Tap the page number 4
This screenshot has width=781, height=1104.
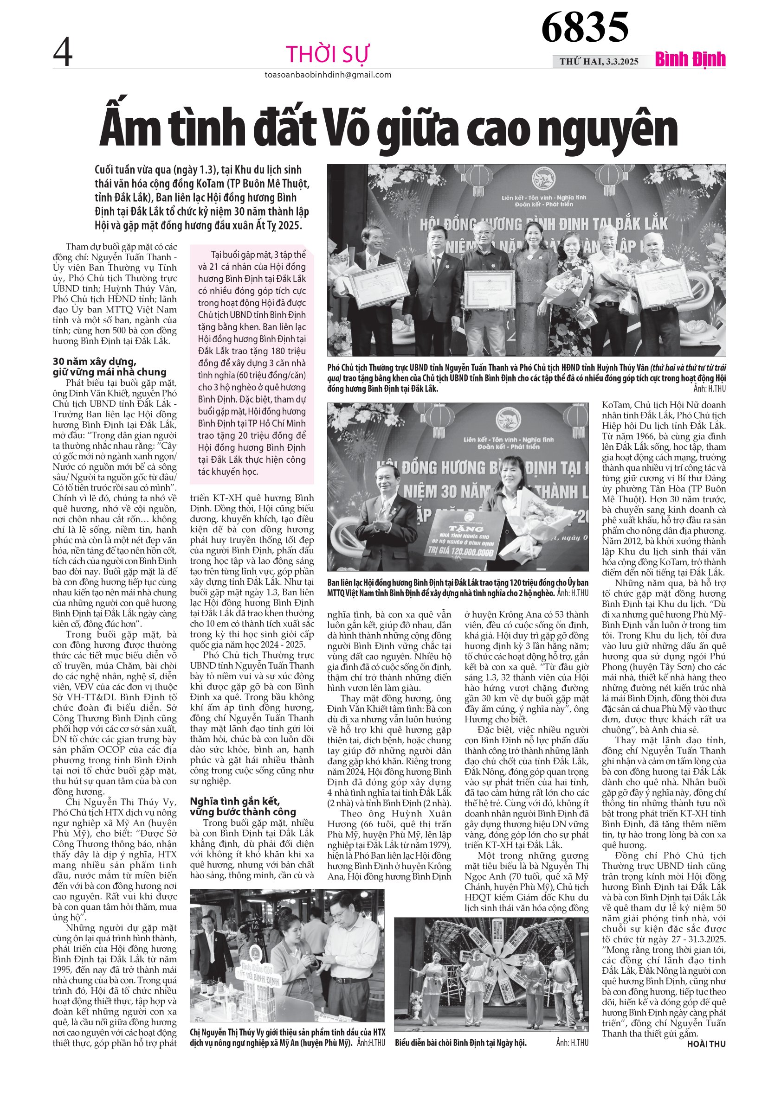coord(63,53)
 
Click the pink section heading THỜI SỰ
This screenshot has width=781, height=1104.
coord(328,54)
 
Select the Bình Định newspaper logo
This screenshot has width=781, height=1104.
coord(690,60)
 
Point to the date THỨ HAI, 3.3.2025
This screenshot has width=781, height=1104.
coord(599,62)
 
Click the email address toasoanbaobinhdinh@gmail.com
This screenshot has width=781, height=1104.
coord(328,75)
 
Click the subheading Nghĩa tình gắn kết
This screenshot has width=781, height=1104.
coord(235,801)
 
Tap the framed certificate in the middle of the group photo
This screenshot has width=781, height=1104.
coord(489,288)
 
